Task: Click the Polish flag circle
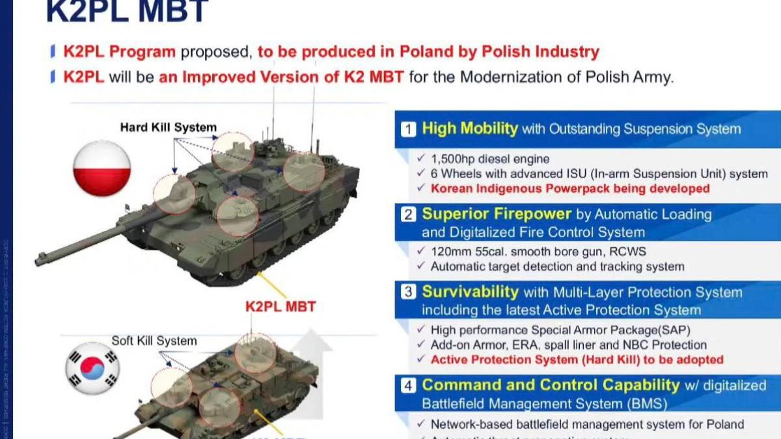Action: coord(102,168)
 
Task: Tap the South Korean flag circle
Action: coord(92,368)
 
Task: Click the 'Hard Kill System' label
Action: coord(168,127)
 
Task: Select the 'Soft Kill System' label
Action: coord(154,341)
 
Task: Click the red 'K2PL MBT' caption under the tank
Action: coord(281,306)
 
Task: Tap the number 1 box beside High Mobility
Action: coord(408,129)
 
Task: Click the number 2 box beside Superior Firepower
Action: coord(408,215)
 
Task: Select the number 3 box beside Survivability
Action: coord(408,293)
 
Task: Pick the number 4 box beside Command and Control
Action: coord(408,386)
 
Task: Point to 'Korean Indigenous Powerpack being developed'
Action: coord(570,189)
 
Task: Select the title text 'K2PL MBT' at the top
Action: coord(127,11)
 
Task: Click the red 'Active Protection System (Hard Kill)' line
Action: coord(577,360)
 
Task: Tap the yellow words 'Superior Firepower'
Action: coord(497,214)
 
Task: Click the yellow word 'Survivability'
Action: coord(471,292)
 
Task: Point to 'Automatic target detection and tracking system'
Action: coord(557,267)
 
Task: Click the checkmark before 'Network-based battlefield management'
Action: coord(421,424)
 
